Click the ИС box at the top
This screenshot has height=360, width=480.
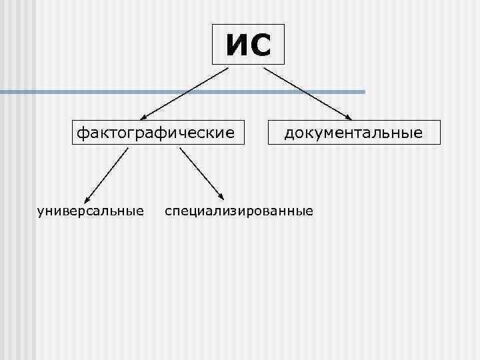pos(248,45)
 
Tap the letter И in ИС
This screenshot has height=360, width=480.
pos(236,45)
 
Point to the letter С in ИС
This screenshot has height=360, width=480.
pos(261,45)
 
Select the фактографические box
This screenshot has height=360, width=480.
pos(157,133)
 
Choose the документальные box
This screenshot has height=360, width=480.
pos(353,133)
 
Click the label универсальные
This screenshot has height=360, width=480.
pos(91,211)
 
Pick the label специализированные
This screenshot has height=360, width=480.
pos(239,211)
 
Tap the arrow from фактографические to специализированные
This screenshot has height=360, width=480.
pos(202,173)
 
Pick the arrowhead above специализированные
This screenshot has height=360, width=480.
pos(221,197)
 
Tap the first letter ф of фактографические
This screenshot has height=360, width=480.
pos(81,133)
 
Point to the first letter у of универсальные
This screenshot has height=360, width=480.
pos(41,212)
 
